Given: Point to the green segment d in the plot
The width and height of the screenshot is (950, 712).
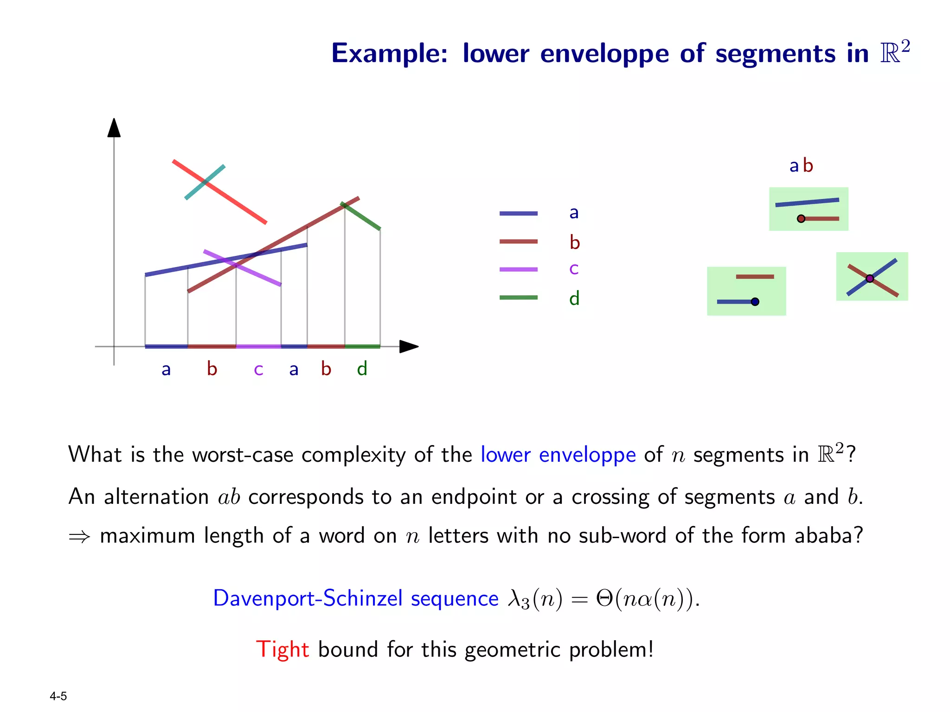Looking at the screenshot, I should pos(364,218).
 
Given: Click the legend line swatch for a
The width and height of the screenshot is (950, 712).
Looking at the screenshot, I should pos(518,214).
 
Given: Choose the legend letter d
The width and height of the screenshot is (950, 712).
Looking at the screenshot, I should pos(574,298).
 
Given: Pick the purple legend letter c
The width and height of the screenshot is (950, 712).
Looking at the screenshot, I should pos(574,269).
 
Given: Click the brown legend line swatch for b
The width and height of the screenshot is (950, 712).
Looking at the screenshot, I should pos(518,242).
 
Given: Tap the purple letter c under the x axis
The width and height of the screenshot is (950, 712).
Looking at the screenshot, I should pos(258,370).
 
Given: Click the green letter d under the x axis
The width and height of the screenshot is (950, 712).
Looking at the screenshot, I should pos(362,369).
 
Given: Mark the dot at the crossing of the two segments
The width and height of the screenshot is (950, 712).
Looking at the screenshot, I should pos(870,279).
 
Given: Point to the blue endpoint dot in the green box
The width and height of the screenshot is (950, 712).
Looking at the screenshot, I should pos(755,302).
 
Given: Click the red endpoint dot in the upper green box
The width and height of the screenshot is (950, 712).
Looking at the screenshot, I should pos(801,219).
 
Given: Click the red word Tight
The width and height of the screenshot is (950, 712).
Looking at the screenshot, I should pos(282,649).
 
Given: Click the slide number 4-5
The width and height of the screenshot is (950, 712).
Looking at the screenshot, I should pos(58,696).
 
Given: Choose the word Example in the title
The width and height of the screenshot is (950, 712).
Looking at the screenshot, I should pos(389,54).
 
